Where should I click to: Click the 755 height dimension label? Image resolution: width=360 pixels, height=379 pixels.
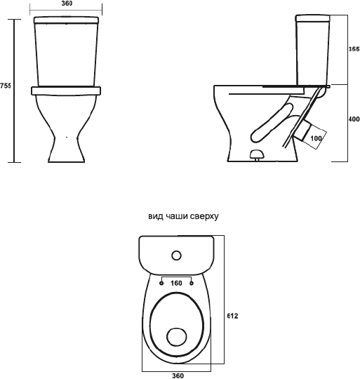pyautogui.click(x=6, y=86)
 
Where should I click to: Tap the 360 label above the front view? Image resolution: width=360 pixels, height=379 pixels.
pyautogui.click(x=66, y=4)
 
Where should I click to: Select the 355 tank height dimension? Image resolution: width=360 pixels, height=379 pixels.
pyautogui.click(x=354, y=49)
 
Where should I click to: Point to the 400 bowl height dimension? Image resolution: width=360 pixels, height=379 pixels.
pyautogui.click(x=354, y=119)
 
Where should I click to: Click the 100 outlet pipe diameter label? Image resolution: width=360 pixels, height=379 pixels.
pyautogui.click(x=316, y=138)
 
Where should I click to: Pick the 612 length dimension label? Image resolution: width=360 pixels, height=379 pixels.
pyautogui.click(x=232, y=316)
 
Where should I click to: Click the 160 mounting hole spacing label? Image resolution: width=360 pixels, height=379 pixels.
pyautogui.click(x=176, y=283)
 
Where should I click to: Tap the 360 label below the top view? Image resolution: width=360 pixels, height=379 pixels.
pyautogui.click(x=178, y=375)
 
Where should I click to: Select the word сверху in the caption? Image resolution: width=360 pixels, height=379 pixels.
pyautogui.click(x=204, y=217)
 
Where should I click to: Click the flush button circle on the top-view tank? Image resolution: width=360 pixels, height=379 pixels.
pyautogui.click(x=176, y=255)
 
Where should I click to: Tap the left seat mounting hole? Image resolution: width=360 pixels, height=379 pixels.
pyautogui.click(x=161, y=283)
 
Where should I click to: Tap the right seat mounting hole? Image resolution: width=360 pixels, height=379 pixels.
pyautogui.click(x=192, y=283)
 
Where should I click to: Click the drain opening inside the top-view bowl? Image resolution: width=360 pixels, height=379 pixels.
pyautogui.click(x=177, y=337)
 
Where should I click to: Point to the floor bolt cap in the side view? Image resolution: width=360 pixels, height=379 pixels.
pyautogui.click(x=257, y=154)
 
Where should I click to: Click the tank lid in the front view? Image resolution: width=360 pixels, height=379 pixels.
pyautogui.click(x=67, y=20)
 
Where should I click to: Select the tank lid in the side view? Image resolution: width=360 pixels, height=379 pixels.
pyautogui.click(x=313, y=18)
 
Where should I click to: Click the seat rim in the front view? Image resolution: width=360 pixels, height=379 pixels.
pyautogui.click(x=66, y=91)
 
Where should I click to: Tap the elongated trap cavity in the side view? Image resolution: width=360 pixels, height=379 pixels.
pyautogui.click(x=272, y=122)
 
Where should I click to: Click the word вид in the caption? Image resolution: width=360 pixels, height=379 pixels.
pyautogui.click(x=154, y=216)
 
